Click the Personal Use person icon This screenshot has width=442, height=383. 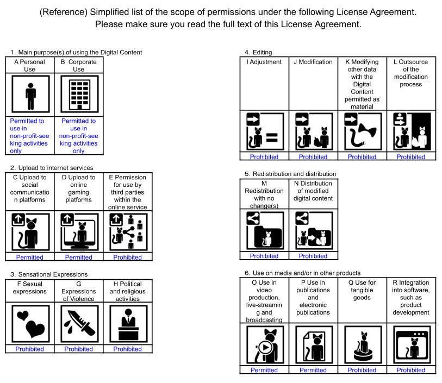(x=30, y=95)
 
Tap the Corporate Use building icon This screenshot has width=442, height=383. (x=79, y=95)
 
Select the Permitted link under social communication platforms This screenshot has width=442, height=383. (x=29, y=258)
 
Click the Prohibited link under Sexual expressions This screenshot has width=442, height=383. (x=29, y=349)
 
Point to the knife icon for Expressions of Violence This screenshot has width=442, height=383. (x=79, y=324)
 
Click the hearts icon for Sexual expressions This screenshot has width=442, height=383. (x=30, y=324)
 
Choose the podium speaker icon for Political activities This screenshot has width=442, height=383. (x=128, y=324)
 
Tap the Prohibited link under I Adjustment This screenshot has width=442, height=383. (x=264, y=157)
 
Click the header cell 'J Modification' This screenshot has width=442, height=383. (x=313, y=62)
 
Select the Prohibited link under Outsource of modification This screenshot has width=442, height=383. (x=410, y=157)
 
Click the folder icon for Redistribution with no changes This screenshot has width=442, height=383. (x=264, y=231)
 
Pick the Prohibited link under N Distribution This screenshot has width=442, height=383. (x=313, y=256)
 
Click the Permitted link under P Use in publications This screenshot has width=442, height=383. (x=313, y=370)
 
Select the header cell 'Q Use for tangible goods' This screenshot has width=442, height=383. (x=362, y=286)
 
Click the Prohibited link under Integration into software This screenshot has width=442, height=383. (x=410, y=370)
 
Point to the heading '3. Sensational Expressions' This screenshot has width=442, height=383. (x=49, y=274)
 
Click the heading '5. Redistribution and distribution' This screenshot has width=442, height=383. (x=290, y=174)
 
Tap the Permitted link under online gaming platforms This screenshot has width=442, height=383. (x=78, y=258)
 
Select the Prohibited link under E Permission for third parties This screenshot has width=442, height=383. (x=127, y=258)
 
